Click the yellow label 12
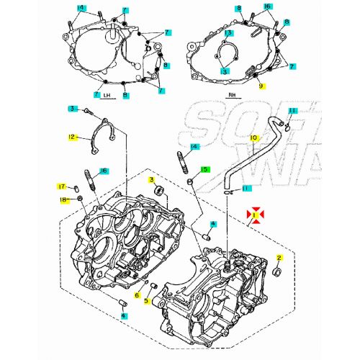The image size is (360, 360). pos(72,137)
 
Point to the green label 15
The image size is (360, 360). pos(205,170)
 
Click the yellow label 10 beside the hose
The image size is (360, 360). pos(253,138)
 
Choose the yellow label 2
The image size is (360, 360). pos(279,257)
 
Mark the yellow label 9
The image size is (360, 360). pos(262,86)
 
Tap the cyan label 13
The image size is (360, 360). pos(228,33)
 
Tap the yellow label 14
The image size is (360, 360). pos(194,147)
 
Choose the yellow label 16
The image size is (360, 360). pos(104,171)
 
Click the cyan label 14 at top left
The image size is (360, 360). pos(81,7)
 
